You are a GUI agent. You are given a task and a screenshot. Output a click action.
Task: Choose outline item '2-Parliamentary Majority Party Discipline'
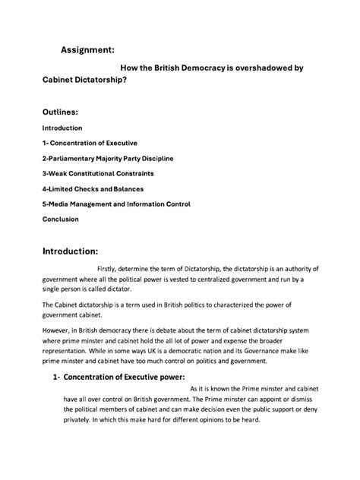[108, 158]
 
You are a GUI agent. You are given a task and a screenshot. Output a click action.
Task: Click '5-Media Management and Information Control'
[116, 204]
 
